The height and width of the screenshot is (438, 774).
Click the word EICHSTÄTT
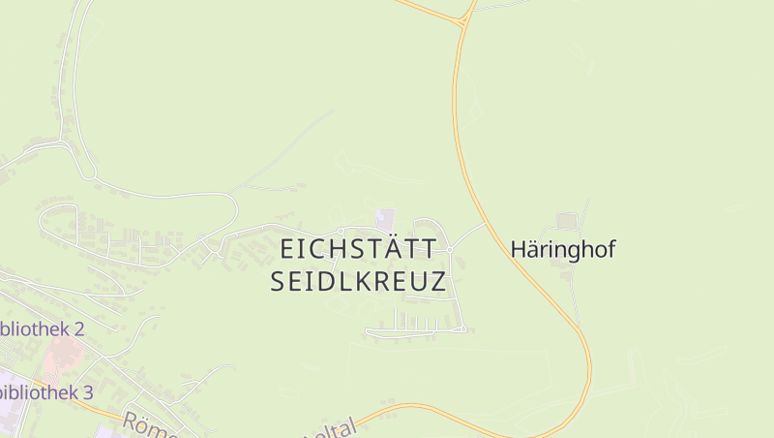[358, 248]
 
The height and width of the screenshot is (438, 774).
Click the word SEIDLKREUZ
[358, 282]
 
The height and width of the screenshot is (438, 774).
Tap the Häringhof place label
[563, 249]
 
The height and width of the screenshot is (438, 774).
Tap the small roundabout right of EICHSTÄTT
[450, 249]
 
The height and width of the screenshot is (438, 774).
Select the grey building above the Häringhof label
[567, 221]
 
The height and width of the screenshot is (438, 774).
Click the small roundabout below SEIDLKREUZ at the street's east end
[463, 329]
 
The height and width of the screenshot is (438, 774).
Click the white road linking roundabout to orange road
[468, 235]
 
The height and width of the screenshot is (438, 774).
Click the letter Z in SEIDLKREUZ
[437, 282]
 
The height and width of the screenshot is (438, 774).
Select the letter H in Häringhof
[519, 249]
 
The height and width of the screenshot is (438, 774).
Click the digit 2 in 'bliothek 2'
[78, 328]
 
